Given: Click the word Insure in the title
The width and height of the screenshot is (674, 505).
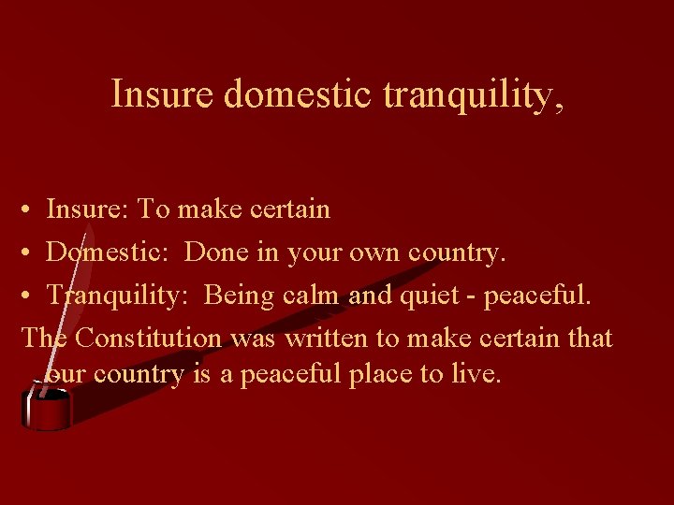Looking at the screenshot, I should click(163, 94).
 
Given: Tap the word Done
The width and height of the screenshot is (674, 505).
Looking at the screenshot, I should click(214, 252).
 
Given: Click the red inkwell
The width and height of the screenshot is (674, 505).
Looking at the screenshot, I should click(47, 409).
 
